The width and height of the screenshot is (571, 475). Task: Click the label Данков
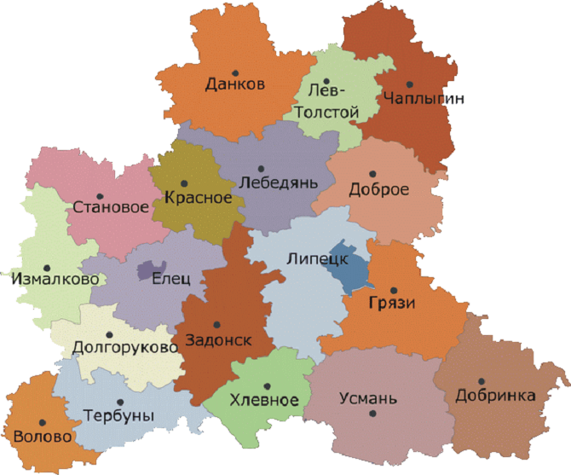(235, 84)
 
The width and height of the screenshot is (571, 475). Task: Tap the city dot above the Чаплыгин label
(410, 84)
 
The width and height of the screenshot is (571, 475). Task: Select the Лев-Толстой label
(327, 101)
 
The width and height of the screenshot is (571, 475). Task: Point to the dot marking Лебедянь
(262, 167)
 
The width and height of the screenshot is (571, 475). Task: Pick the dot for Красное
(186, 182)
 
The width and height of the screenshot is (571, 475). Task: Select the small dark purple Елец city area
(152, 270)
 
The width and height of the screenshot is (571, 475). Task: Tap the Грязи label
(376, 301)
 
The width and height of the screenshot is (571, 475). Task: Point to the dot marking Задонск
(216, 324)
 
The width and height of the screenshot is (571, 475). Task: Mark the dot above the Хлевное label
(267, 385)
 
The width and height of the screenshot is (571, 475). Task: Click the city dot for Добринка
(481, 381)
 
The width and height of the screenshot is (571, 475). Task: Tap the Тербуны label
(119, 416)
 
